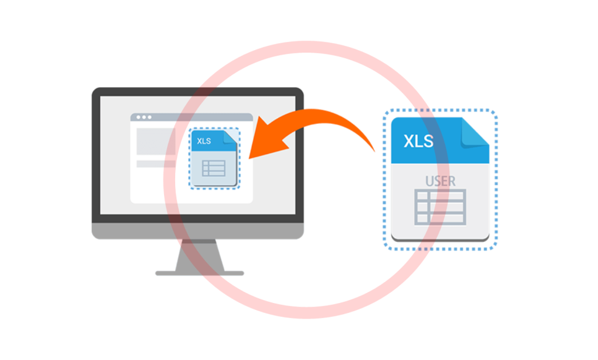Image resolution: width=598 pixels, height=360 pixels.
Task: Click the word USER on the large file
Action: [440, 181]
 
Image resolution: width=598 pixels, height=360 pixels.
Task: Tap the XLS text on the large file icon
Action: [418, 141]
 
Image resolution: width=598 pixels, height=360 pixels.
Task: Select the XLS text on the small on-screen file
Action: [204, 141]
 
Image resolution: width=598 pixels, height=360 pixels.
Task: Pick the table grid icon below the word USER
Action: [440, 207]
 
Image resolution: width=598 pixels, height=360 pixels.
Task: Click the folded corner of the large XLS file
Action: [476, 130]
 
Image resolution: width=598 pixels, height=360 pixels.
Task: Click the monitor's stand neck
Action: [198, 255]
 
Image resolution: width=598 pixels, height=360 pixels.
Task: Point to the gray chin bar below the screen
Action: [198, 231]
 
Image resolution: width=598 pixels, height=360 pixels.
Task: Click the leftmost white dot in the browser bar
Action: [137, 117]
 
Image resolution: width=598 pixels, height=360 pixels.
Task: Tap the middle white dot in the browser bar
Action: [143, 117]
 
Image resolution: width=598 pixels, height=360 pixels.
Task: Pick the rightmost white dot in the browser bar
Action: [149, 117]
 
